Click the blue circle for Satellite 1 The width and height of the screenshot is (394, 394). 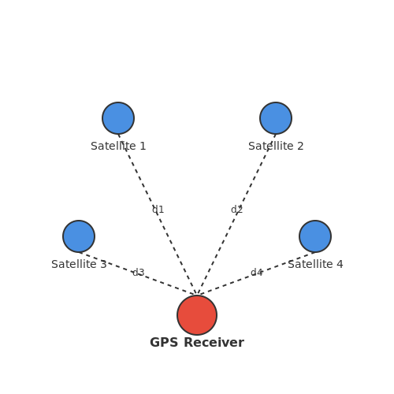118,118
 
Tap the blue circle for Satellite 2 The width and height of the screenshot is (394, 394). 276,118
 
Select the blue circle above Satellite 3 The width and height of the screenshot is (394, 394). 79,236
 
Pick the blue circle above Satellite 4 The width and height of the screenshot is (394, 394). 315,236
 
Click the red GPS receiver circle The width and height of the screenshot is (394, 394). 197,315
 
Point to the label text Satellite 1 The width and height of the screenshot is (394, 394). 118,146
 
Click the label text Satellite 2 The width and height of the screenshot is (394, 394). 276,146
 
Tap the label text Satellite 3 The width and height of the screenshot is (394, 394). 79,264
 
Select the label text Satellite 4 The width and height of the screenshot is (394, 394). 315,264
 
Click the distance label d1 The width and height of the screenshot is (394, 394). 158,210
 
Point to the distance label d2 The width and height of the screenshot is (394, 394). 236,210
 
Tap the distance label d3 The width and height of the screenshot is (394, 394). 139,273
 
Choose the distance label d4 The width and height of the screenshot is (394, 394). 256,273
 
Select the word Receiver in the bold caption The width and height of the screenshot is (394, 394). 214,343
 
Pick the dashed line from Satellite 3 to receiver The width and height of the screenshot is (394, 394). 138,273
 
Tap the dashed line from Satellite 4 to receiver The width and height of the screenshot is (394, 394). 256,273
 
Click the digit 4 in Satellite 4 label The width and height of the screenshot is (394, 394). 340,264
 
